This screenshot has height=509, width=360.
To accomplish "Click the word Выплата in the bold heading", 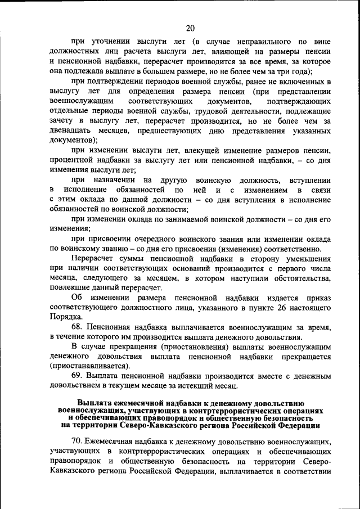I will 97,403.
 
